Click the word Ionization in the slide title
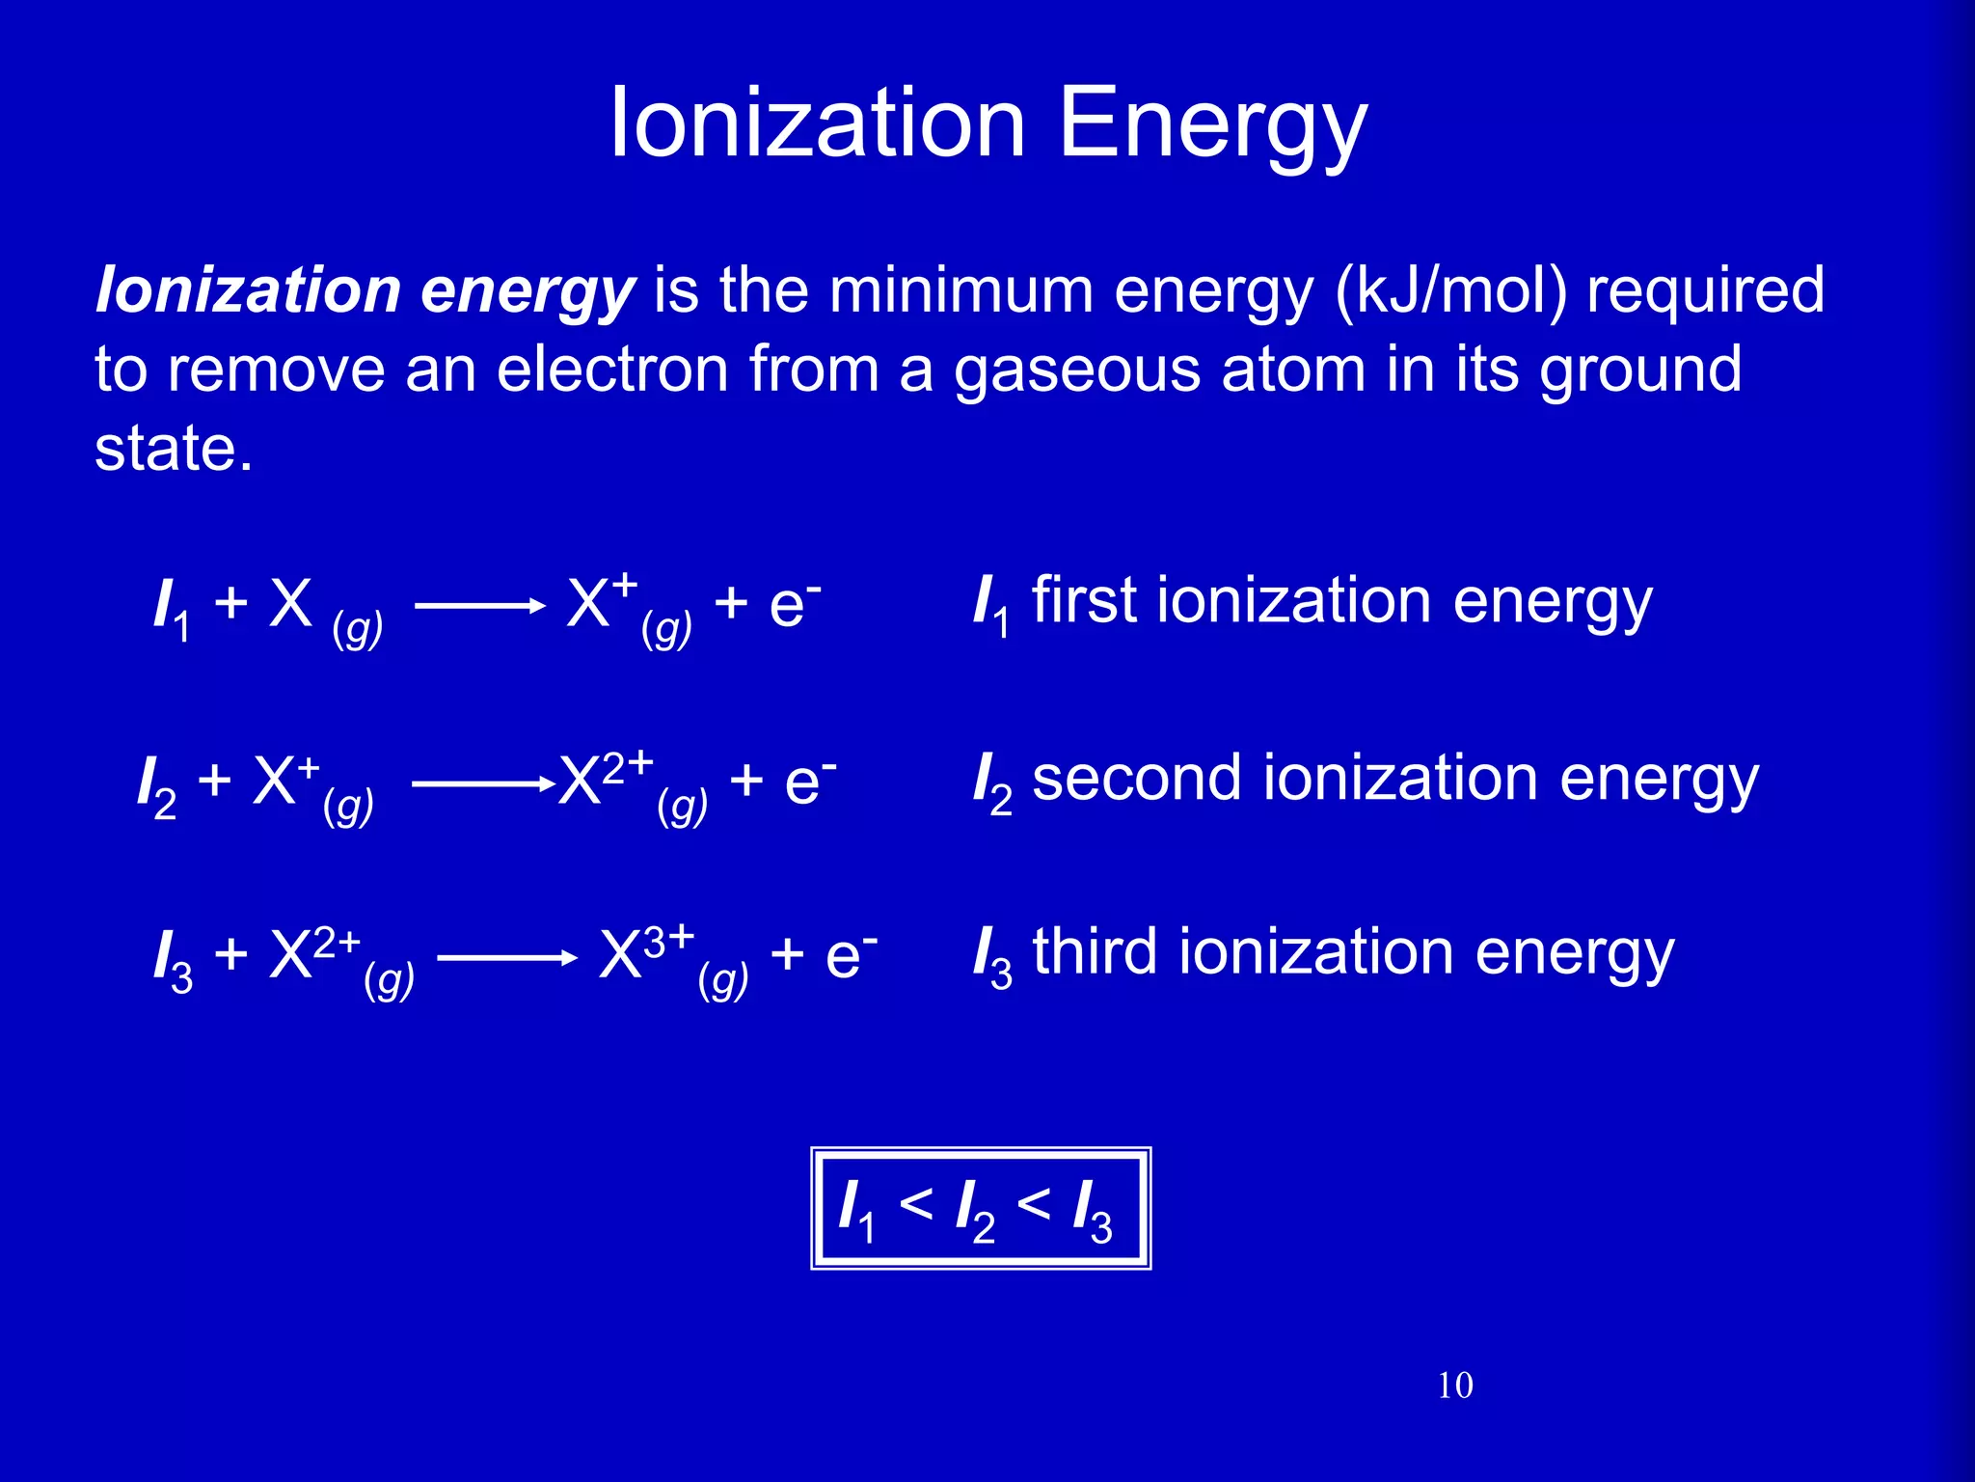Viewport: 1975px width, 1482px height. click(x=818, y=123)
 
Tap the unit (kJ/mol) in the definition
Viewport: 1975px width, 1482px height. click(x=1451, y=289)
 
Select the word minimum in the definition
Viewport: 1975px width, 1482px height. click(x=960, y=289)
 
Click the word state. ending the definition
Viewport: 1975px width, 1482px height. click(x=174, y=448)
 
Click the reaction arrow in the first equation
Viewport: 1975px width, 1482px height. click(x=479, y=606)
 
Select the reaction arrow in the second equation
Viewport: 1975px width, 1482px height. click(x=479, y=784)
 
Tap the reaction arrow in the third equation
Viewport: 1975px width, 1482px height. click(x=507, y=957)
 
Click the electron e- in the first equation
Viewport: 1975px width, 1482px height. click(x=794, y=604)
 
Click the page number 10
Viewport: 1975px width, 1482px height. click(x=1454, y=1386)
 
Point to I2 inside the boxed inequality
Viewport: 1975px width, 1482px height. click(x=974, y=1210)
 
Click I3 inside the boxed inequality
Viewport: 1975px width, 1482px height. click(x=1092, y=1210)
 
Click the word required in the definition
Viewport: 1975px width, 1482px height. click(x=1705, y=289)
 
